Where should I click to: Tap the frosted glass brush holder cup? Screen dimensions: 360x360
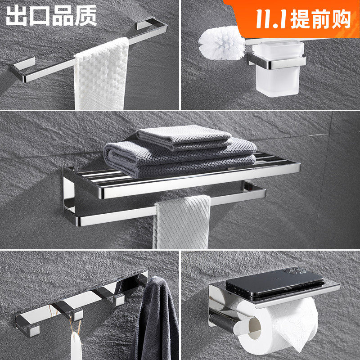pyautogui.click(x=278, y=68)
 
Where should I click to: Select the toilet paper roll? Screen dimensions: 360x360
pyautogui.click(x=278, y=326)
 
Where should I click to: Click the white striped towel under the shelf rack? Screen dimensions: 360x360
pyautogui.click(x=182, y=222)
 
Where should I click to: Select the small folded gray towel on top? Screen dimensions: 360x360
pyautogui.click(x=184, y=138)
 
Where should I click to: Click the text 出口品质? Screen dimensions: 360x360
pyautogui.click(x=51, y=15)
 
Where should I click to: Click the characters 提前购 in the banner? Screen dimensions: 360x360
pyautogui.click(x=321, y=19)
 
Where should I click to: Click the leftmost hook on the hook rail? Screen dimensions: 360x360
pyautogui.click(x=27, y=326)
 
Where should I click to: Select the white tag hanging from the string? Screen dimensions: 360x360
pyautogui.click(x=76, y=346)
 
